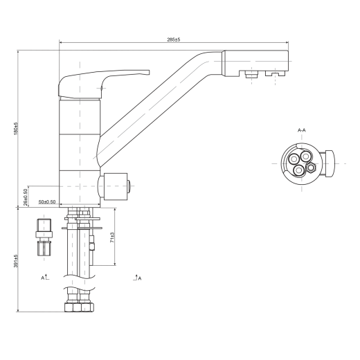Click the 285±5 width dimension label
(174, 39)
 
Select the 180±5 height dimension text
(16, 129)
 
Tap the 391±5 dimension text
(16, 261)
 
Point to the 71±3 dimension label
(112, 237)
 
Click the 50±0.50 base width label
(47, 201)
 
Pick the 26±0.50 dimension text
(26, 197)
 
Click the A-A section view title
(302, 130)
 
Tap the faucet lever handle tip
(148, 73)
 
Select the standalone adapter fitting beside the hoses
(44, 237)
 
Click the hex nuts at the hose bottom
(79, 307)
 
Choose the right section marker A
(138, 278)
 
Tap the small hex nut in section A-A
(312, 168)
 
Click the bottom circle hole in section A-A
(299, 170)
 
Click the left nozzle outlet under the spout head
(251, 74)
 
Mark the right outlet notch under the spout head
(276, 73)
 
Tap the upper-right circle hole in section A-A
(306, 156)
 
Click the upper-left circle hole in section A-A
(294, 159)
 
